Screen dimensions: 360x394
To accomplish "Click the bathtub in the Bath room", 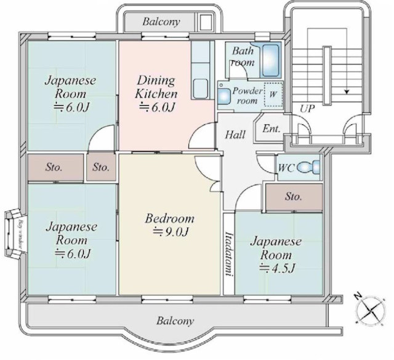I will pyautogui.click(x=270, y=60).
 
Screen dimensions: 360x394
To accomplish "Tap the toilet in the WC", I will pyautogui.click(x=313, y=167).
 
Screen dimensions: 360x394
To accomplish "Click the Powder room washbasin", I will pyautogui.click(x=222, y=95).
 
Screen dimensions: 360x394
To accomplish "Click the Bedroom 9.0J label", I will pyautogui.click(x=170, y=225).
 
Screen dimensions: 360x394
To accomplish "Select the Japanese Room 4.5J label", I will pyautogui.click(x=275, y=254).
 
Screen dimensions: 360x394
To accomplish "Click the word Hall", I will pyautogui.click(x=235, y=135).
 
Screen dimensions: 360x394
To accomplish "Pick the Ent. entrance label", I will pyautogui.click(x=271, y=129).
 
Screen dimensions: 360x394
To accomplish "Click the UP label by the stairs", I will pyautogui.click(x=307, y=109).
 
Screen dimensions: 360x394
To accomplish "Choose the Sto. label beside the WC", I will pyautogui.click(x=294, y=197).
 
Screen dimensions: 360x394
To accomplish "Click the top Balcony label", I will pyautogui.click(x=161, y=22).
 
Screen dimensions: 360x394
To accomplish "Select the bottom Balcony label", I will pyautogui.click(x=175, y=321).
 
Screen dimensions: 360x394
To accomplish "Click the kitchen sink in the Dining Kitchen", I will pyautogui.click(x=201, y=89).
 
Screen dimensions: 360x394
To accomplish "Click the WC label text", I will pyautogui.click(x=285, y=167).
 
